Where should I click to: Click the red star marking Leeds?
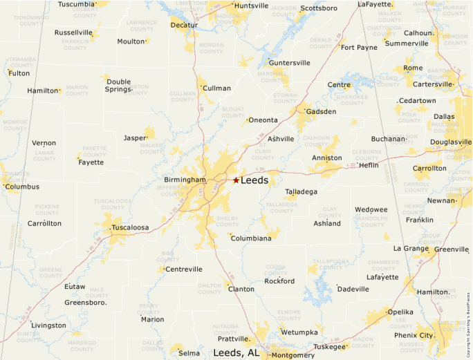pyautogui.click(x=236, y=180)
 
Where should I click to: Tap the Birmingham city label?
pyautogui.click(x=185, y=180)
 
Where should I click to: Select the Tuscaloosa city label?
pyautogui.click(x=130, y=227)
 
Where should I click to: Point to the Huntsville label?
pyautogui.click(x=252, y=6)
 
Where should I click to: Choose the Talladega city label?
pyautogui.click(x=302, y=191)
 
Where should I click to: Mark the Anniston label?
pyautogui.click(x=326, y=158)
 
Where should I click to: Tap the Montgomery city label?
pyautogui.click(x=293, y=355)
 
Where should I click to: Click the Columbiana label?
pyautogui.click(x=250, y=238)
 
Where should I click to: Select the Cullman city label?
pyautogui.click(x=216, y=88)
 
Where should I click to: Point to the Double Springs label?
pyautogui.click(x=118, y=85)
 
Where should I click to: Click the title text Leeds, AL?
pyautogui.click(x=236, y=352)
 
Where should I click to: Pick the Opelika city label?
pyautogui.click(x=400, y=312)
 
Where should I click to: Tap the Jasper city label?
pyautogui.click(x=135, y=138)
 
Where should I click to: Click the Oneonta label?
pyautogui.click(x=263, y=120)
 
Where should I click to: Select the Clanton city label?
pyautogui.click(x=241, y=289)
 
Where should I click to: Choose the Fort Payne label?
pyautogui.click(x=359, y=48)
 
